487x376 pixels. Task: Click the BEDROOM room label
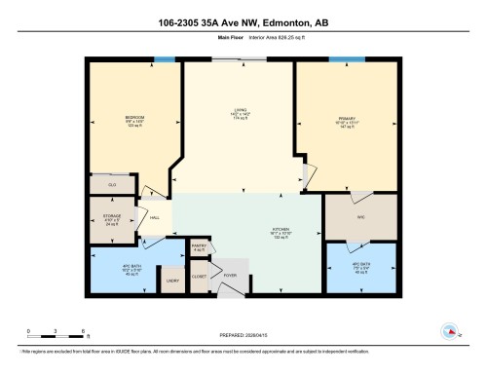click(135, 118)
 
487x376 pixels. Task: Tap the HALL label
click(155, 219)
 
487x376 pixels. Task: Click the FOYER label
click(231, 276)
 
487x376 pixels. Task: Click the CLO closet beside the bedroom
click(112, 183)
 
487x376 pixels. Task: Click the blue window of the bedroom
click(166, 61)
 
